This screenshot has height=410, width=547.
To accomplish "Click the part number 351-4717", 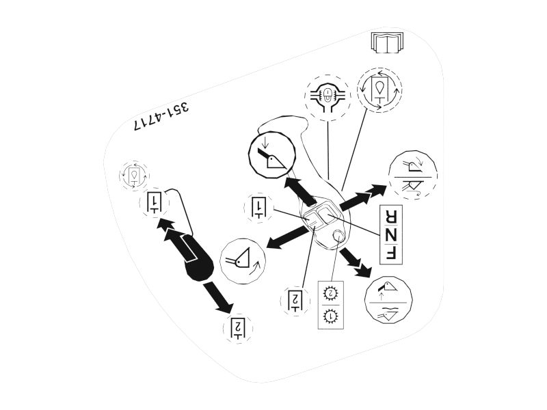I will click(161, 117).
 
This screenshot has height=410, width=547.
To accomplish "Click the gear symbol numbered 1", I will click(330, 316).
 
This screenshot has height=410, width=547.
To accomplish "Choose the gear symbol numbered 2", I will click(330, 293).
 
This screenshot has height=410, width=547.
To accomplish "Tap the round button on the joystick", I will click(338, 236).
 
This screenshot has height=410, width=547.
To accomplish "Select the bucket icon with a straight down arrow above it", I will click(271, 153).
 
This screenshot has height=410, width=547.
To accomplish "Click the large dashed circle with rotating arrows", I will click(379, 90).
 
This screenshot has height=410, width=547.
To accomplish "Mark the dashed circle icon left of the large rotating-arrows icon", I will click(328, 98).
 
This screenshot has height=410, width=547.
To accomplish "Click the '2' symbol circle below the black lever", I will click(238, 328).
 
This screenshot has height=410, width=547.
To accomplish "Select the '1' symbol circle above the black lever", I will click(154, 203).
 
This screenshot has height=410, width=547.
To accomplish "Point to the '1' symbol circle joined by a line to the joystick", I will click(258, 207).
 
